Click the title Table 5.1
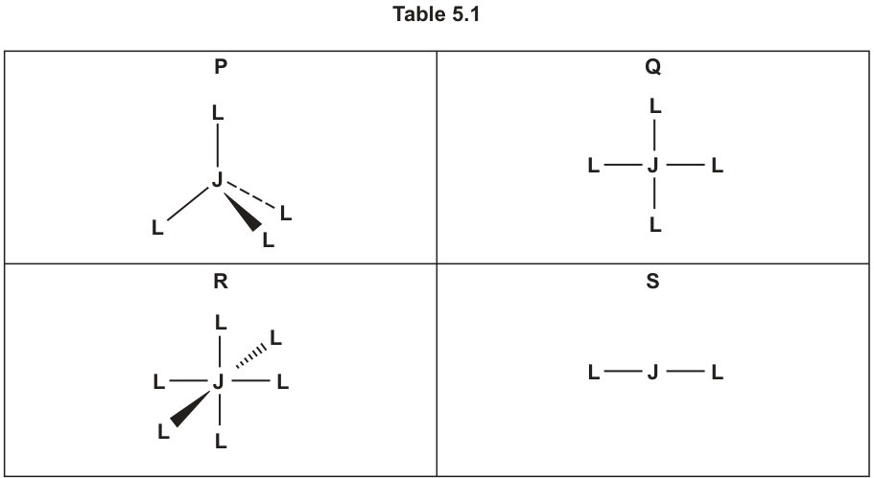pos(436,14)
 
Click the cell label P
pos(221,67)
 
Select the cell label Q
pos(652,67)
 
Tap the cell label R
pos(221,282)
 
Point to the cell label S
pos(652,282)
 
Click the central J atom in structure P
pos(218,180)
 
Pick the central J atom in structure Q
pos(653,166)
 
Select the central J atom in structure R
pos(219,382)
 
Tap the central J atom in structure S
pos(653,372)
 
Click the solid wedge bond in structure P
pos(243,212)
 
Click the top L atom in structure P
pos(218,113)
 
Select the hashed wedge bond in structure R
pos(251,356)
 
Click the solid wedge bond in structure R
pos(190,409)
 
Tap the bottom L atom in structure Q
pos(655,225)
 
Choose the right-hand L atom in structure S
pos(718,373)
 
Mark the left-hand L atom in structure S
pos(594,373)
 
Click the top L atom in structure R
pos(221,322)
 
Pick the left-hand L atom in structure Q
pos(594,166)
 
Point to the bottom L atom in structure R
pos(221,442)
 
